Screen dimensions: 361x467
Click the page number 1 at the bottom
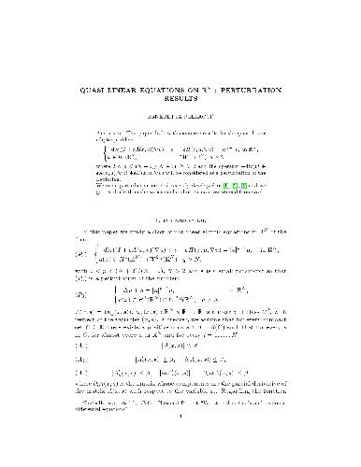pos(180,451)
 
